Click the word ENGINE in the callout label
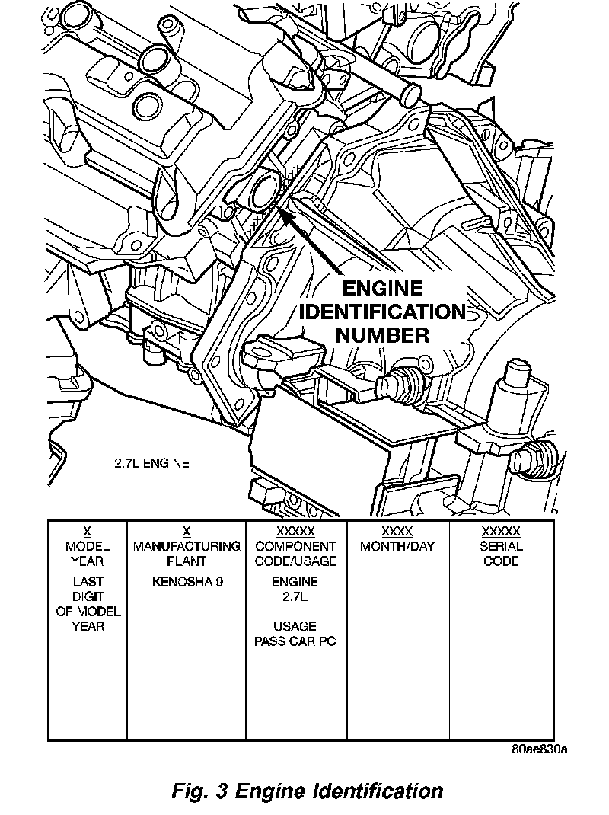pyautogui.click(x=382, y=289)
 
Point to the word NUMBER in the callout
pyautogui.click(x=382, y=334)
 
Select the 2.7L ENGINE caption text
pyautogui.click(x=148, y=462)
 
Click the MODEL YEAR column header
pyautogui.click(x=88, y=553)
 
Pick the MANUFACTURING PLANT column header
pyautogui.click(x=187, y=553)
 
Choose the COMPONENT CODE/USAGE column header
pyautogui.click(x=295, y=553)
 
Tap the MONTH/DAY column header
pyautogui.click(x=397, y=546)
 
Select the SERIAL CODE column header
pyautogui.click(x=501, y=553)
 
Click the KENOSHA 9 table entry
pyautogui.click(x=187, y=582)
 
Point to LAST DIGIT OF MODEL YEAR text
pyautogui.click(x=88, y=604)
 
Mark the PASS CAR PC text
pyautogui.click(x=295, y=641)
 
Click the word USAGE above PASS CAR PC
pyautogui.click(x=295, y=627)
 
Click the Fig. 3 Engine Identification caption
pyautogui.click(x=308, y=791)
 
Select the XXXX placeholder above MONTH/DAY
pyautogui.click(x=397, y=532)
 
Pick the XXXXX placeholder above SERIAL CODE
pyautogui.click(x=501, y=532)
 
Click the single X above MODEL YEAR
pyautogui.click(x=88, y=532)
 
